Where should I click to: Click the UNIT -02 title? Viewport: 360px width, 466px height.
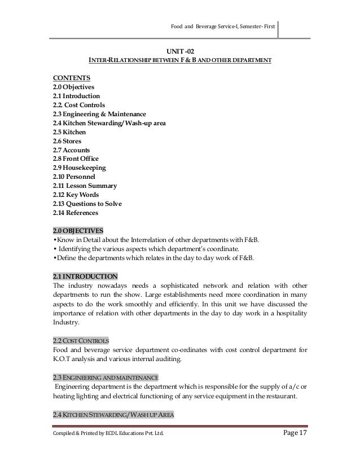click(180, 50)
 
